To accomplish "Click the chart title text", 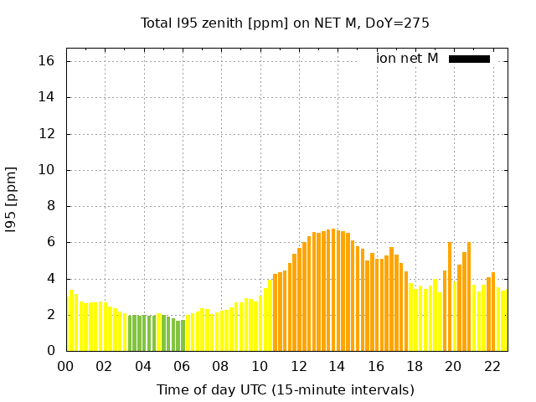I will pos(285,23).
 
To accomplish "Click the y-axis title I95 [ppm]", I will pos(12,199).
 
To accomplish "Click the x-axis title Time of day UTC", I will pos(285,389).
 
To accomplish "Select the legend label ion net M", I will pos(407,59).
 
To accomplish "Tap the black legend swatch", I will pos(469,59).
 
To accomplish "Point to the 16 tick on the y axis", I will pos(47,61).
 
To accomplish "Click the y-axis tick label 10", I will pos(47,170).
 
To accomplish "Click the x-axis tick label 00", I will pos(65,366).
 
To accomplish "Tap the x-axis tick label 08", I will pos(220,366).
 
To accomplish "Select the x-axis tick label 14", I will pos(337,366).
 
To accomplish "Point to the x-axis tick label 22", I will pos(492,366).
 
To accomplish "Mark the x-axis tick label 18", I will pos(414,366).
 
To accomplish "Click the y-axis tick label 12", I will pos(47,134).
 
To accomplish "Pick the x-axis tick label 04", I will pos(143,366).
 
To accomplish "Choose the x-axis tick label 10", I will pos(260,366).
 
